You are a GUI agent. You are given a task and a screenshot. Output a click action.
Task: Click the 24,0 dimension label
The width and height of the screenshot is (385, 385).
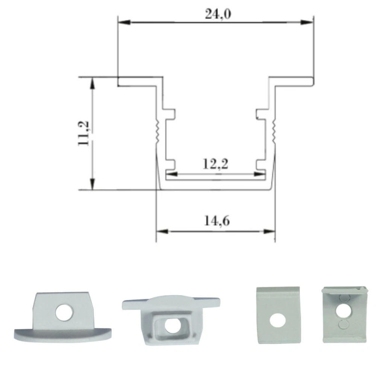[218, 14]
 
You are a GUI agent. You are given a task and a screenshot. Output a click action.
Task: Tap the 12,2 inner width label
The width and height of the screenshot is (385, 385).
[215, 164]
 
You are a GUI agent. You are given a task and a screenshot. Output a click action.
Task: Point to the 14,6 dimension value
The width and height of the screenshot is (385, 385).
[217, 221]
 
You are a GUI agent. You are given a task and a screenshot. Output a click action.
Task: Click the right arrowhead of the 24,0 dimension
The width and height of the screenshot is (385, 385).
[307, 22]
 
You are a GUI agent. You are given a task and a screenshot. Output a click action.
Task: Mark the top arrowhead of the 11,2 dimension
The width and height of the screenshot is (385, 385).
[92, 83]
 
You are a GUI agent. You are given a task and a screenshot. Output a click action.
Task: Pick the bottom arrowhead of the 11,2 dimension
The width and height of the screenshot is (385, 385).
[92, 184]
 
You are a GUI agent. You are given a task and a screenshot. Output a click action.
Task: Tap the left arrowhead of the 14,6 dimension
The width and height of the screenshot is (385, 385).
[162, 231]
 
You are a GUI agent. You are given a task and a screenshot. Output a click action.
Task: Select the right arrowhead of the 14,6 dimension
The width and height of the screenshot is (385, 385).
[269, 231]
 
